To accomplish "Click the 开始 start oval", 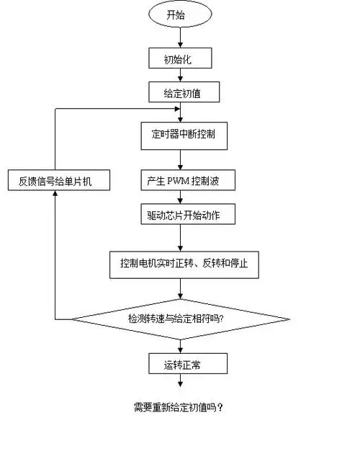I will click(179, 14).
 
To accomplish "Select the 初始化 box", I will click(179, 58).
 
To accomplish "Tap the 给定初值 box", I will click(179, 92).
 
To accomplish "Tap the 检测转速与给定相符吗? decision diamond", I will click(179, 318).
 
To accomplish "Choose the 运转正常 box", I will click(179, 365).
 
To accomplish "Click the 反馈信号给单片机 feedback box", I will click(60, 180).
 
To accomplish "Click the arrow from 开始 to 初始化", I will click(179, 37).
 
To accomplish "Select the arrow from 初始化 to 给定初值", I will click(179, 75).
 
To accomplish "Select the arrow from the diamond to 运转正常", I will click(179, 345).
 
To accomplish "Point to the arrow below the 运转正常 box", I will click(179, 386).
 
